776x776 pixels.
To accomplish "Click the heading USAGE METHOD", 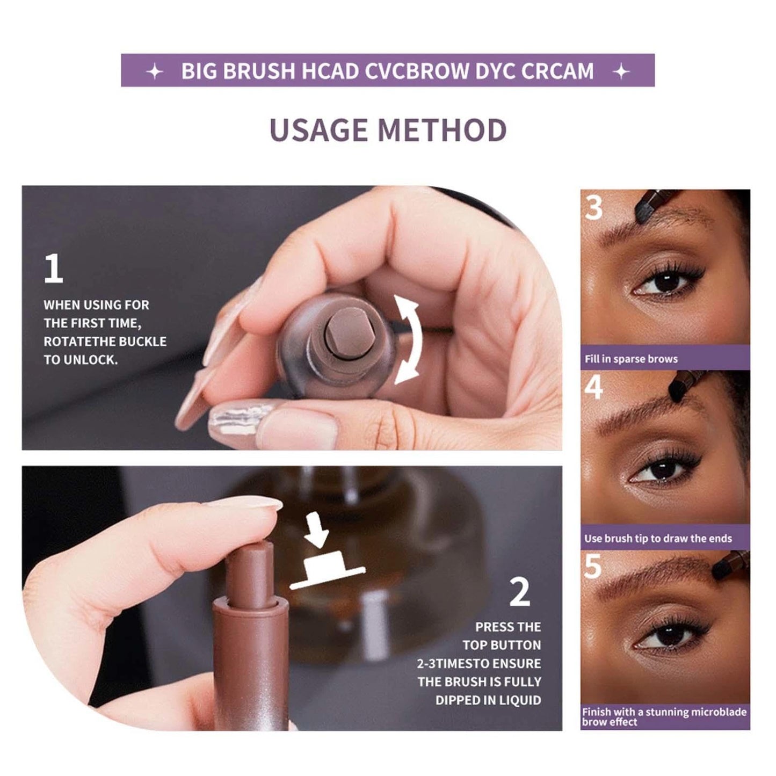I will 388,130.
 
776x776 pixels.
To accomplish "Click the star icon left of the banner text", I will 155,71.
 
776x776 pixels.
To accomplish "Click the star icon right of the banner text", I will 621,71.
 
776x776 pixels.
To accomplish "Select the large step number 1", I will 53,269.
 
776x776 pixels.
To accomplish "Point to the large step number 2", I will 519,593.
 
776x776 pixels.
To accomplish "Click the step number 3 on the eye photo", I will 593,207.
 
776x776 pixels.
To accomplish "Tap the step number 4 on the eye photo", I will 593,387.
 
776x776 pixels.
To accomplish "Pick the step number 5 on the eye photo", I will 593,566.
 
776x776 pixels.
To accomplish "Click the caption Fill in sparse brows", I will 631,359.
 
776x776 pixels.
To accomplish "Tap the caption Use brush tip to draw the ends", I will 658,538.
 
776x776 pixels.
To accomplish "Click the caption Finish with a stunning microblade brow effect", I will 664,717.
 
